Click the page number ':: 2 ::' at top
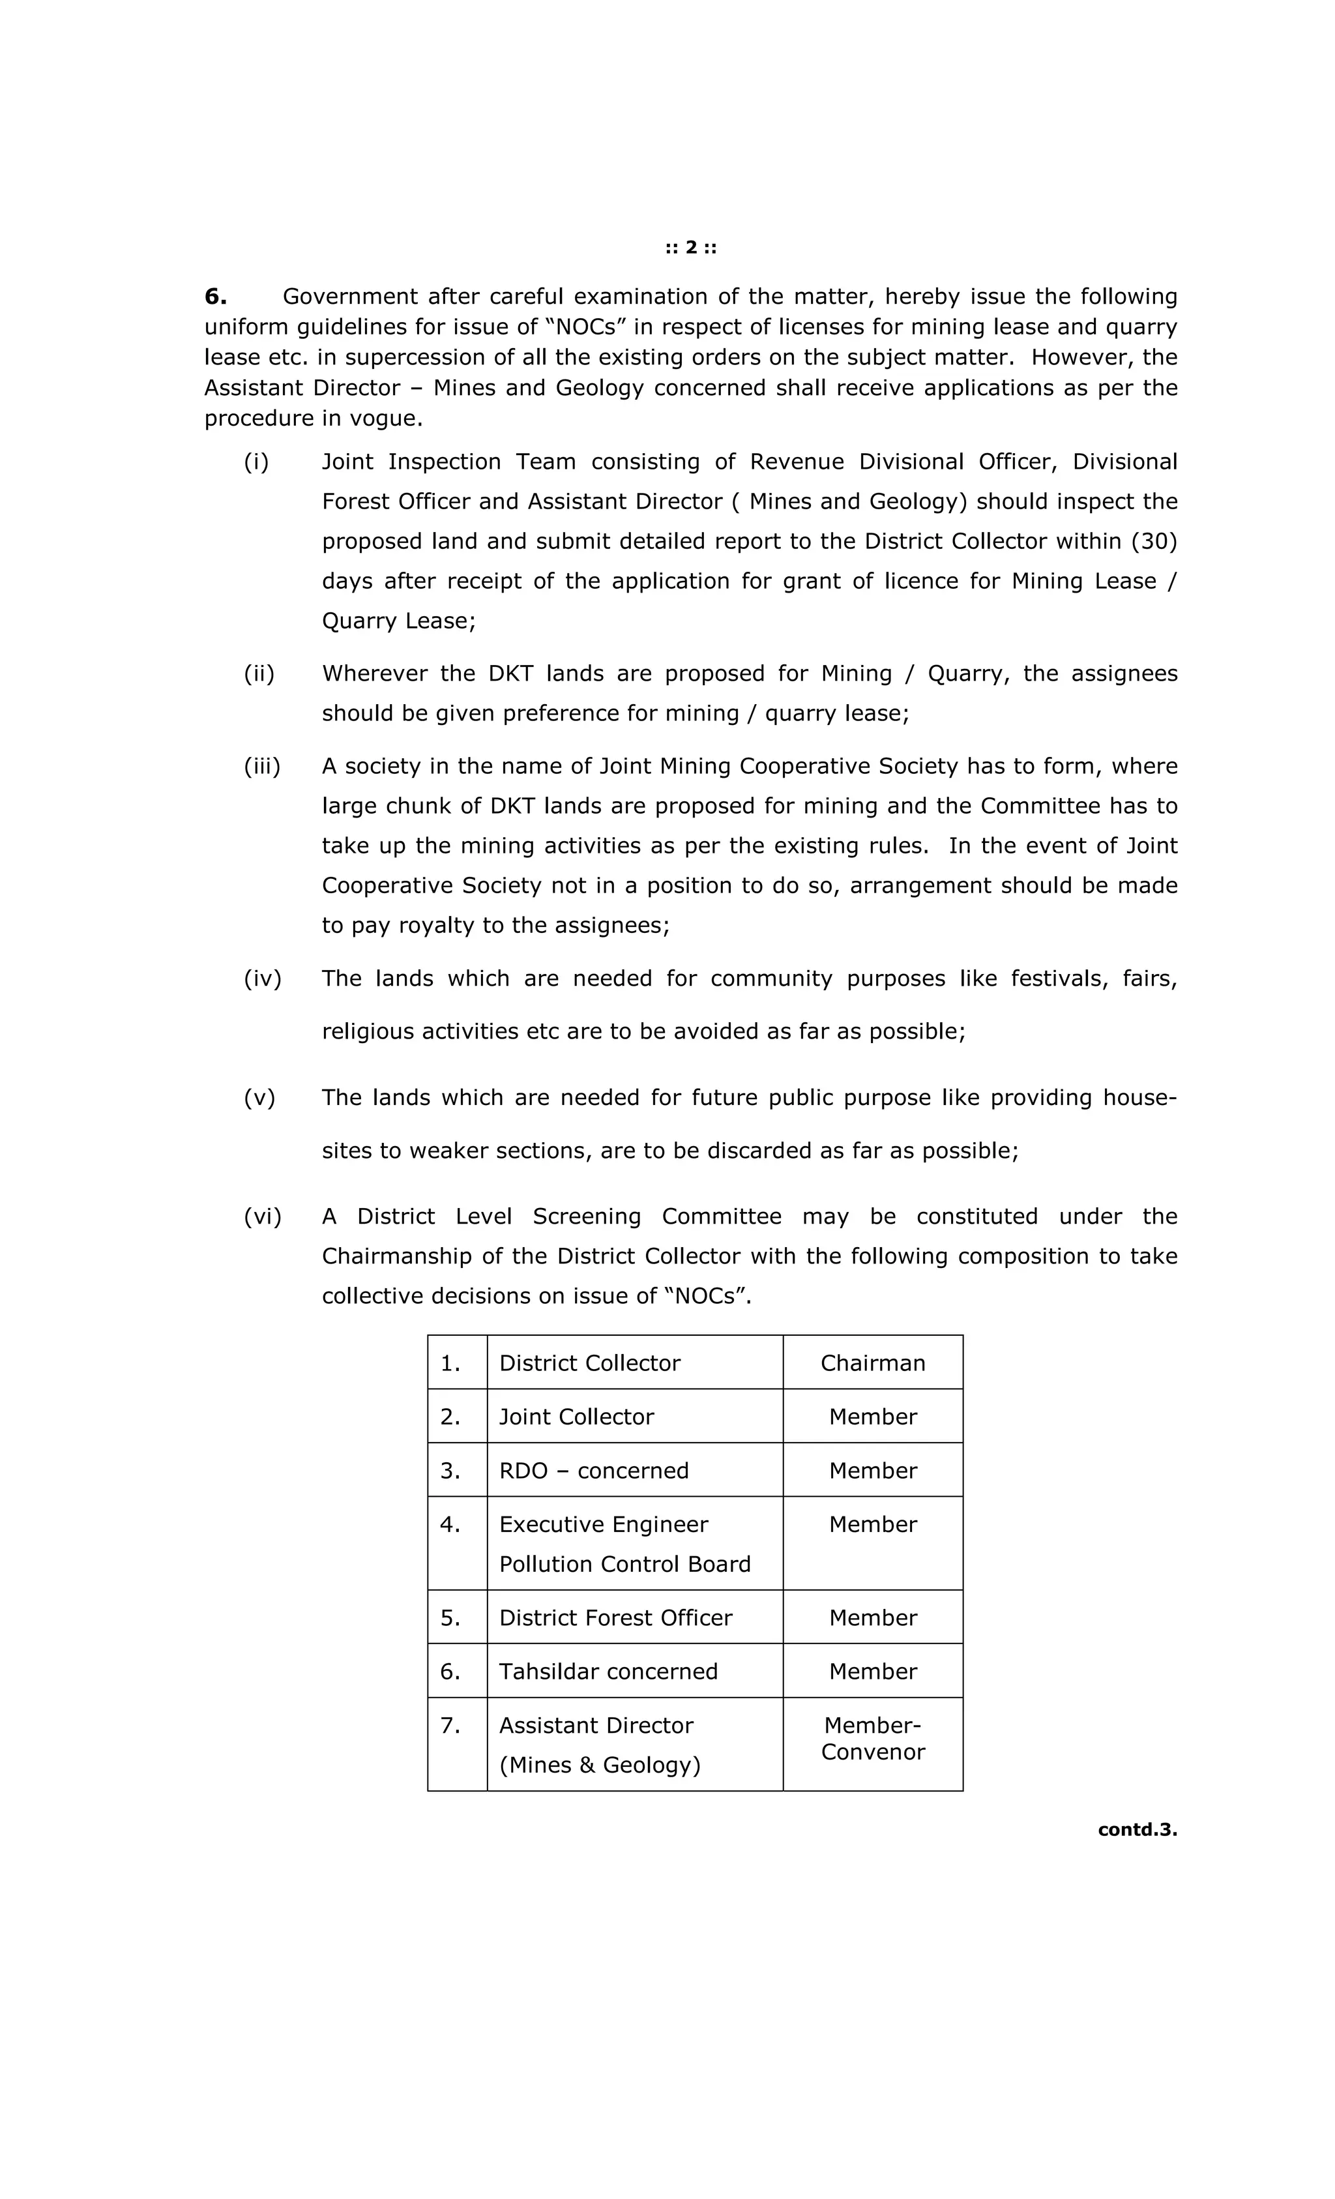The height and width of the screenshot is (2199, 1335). [691, 247]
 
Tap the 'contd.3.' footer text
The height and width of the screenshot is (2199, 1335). [1136, 1829]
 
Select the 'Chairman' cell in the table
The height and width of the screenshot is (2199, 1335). [872, 1363]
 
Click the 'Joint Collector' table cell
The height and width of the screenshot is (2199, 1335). [576, 1416]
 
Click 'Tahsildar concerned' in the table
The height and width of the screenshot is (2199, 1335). [608, 1671]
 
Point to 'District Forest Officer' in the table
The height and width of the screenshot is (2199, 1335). [615, 1617]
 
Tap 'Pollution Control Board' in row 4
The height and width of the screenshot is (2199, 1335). [624, 1563]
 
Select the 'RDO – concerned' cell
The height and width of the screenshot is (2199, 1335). [593, 1470]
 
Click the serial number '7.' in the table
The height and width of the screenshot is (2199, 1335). [450, 1725]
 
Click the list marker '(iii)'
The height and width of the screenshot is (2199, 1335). [261, 766]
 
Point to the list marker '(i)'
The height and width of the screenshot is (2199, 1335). [256, 462]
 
